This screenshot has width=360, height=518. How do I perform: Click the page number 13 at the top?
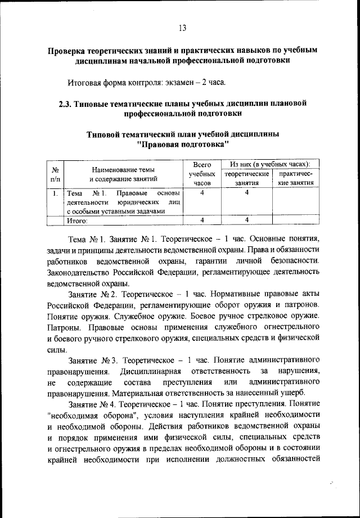tap(182, 29)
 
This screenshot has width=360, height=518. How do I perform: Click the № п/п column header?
tap(56, 173)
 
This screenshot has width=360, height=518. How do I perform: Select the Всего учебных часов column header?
tap(201, 173)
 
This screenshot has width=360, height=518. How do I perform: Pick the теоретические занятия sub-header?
tap(246, 178)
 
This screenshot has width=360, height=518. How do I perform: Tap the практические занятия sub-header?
tap(294, 178)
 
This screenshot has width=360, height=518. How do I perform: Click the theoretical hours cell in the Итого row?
tap(246, 220)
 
